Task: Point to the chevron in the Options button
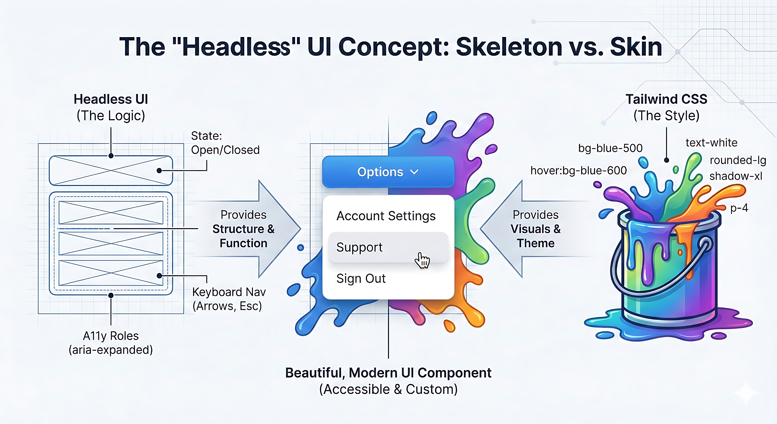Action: (415, 172)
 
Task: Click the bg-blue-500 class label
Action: (610, 148)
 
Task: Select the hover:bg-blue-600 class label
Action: (578, 170)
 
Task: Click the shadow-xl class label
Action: (735, 176)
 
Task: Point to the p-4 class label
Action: (739, 208)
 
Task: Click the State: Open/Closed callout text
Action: (225, 143)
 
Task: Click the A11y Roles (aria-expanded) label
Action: (111, 343)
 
